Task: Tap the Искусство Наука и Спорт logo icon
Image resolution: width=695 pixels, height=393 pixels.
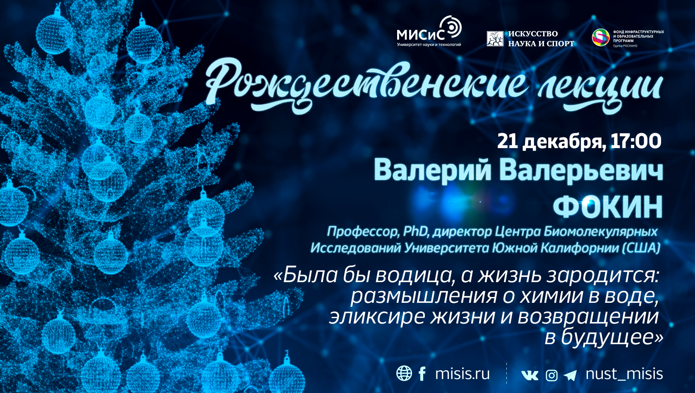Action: (495, 38)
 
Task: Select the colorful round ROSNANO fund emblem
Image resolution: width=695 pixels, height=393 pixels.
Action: (601, 38)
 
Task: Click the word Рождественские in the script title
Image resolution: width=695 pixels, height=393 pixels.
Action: (366, 85)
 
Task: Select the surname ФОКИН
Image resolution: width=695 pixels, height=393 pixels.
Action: (608, 207)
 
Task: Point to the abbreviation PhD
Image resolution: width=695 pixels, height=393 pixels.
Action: (415, 231)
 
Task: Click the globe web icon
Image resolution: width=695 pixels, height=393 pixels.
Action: (404, 373)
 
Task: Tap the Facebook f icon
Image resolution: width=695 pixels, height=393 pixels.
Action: (422, 373)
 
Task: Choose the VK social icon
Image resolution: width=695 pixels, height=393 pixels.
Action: (530, 375)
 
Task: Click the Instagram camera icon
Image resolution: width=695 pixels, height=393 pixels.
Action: (551, 375)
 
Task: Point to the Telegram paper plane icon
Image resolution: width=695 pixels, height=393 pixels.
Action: (570, 375)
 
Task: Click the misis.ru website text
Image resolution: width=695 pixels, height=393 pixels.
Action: (463, 374)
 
